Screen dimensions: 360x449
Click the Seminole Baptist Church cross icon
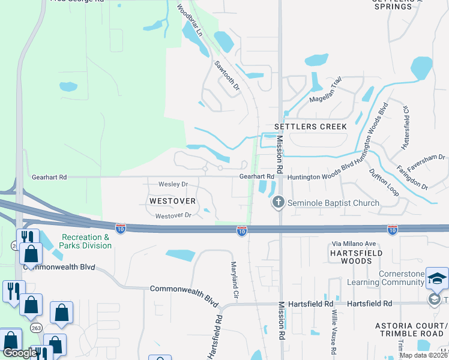pyautogui.click(x=278, y=202)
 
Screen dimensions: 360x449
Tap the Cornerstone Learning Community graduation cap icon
pyautogui.click(x=437, y=278)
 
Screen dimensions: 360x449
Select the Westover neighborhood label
pyautogui.click(x=170, y=199)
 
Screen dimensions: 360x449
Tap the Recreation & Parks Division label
pyautogui.click(x=85, y=241)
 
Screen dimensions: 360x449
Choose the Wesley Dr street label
pyautogui.click(x=173, y=184)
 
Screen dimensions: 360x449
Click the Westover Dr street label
pyautogui.click(x=173, y=215)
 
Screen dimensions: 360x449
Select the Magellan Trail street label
pyautogui.click(x=325, y=90)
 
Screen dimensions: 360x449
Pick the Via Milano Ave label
pyautogui.click(x=354, y=244)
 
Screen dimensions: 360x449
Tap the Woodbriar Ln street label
pyautogui.click(x=190, y=22)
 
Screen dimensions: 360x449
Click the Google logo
pyautogui.click(x=20, y=353)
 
